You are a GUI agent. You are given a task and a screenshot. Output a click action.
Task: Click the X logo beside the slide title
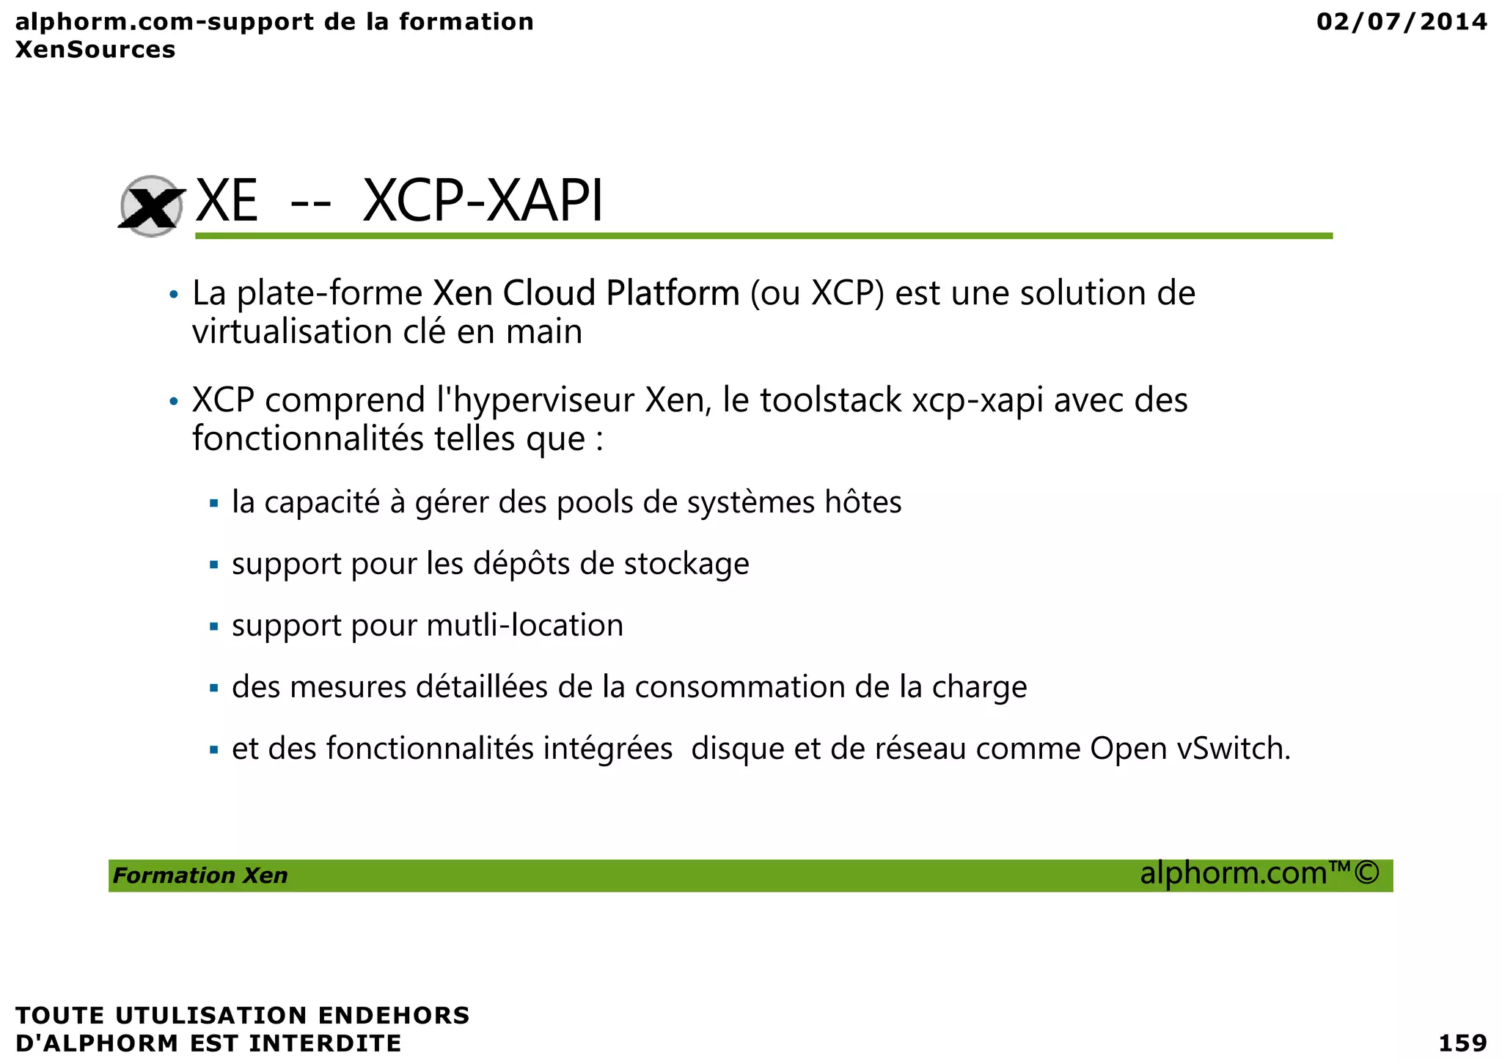(x=151, y=206)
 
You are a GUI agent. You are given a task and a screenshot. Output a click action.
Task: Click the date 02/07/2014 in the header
(x=1402, y=22)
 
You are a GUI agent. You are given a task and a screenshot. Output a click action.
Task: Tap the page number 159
(x=1462, y=1042)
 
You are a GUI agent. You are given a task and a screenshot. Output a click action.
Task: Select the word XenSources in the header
(x=95, y=50)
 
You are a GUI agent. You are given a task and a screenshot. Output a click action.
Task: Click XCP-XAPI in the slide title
(x=483, y=201)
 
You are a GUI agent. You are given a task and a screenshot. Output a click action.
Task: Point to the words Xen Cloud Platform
(x=586, y=293)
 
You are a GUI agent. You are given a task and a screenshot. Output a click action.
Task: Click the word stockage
(x=686, y=565)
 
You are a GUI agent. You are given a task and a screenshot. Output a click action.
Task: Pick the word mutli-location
(x=524, y=625)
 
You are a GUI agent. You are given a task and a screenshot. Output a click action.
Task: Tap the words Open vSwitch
(x=1190, y=749)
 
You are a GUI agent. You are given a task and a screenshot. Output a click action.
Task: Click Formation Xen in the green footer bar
(x=200, y=875)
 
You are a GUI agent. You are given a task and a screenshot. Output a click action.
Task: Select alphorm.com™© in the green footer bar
(x=1259, y=873)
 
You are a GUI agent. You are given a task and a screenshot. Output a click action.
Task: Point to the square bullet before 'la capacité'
(x=214, y=504)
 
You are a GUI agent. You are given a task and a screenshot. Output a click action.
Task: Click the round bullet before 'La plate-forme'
(x=173, y=295)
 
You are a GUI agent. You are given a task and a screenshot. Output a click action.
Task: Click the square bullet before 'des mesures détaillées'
(x=214, y=689)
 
